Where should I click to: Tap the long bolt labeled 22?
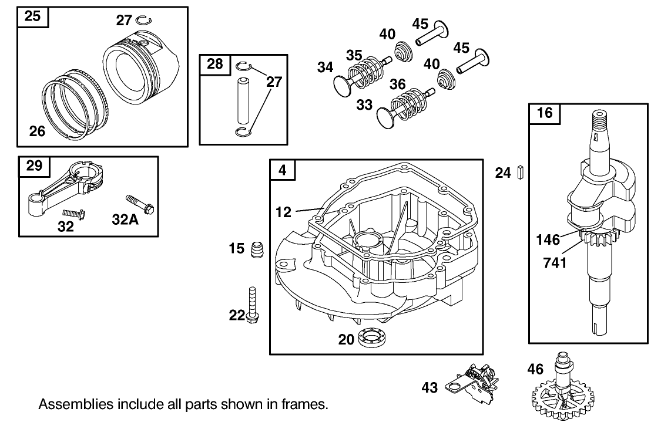tap(253, 304)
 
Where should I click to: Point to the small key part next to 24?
tap(521, 173)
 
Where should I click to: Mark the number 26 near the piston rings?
tap(37, 131)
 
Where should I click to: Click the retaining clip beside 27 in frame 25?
tap(142, 21)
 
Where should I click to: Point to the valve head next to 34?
tap(341, 83)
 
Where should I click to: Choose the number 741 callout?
tap(555, 262)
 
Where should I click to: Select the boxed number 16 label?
tap(545, 113)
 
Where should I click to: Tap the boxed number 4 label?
tap(283, 170)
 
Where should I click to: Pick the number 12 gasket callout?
tap(283, 212)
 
